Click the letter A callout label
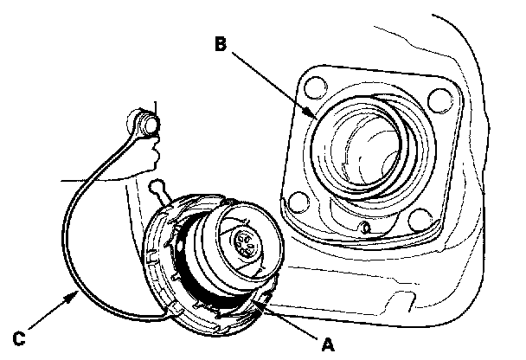(x=326, y=344)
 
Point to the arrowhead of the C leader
(x=80, y=295)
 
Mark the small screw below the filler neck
(x=366, y=228)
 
